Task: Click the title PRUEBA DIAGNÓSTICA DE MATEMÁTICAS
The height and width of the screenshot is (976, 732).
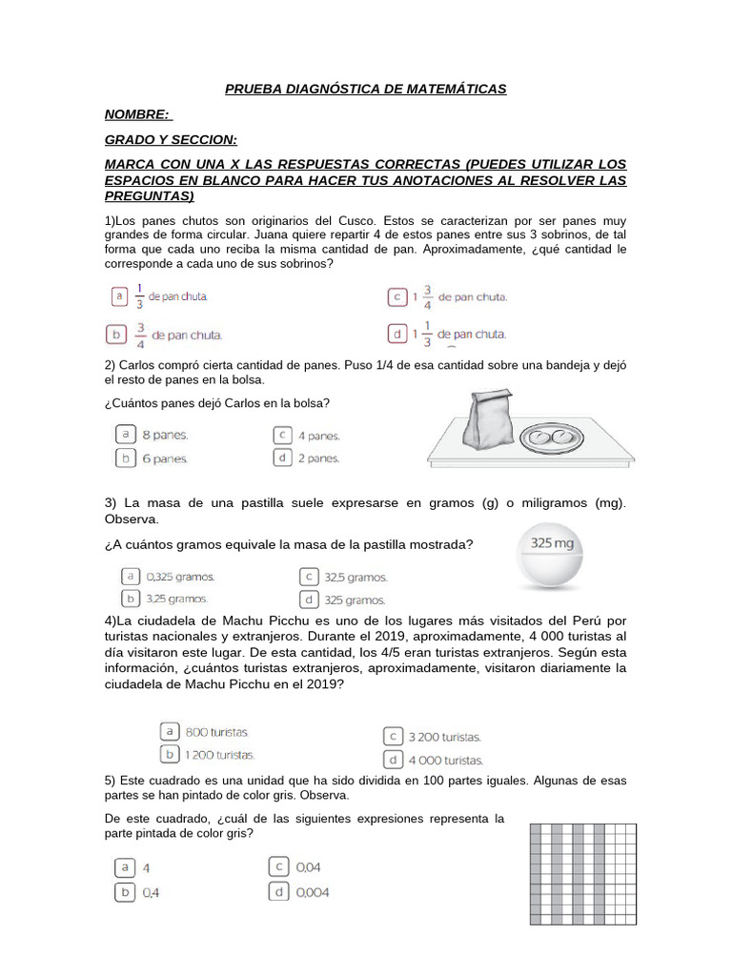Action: pos(365,89)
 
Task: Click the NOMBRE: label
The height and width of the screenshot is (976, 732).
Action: pos(137,114)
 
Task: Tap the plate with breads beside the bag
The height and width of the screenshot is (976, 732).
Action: pos(550,437)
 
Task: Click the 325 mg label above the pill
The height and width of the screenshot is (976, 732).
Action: pos(552,544)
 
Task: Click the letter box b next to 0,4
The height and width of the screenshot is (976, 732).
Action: pos(124,892)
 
